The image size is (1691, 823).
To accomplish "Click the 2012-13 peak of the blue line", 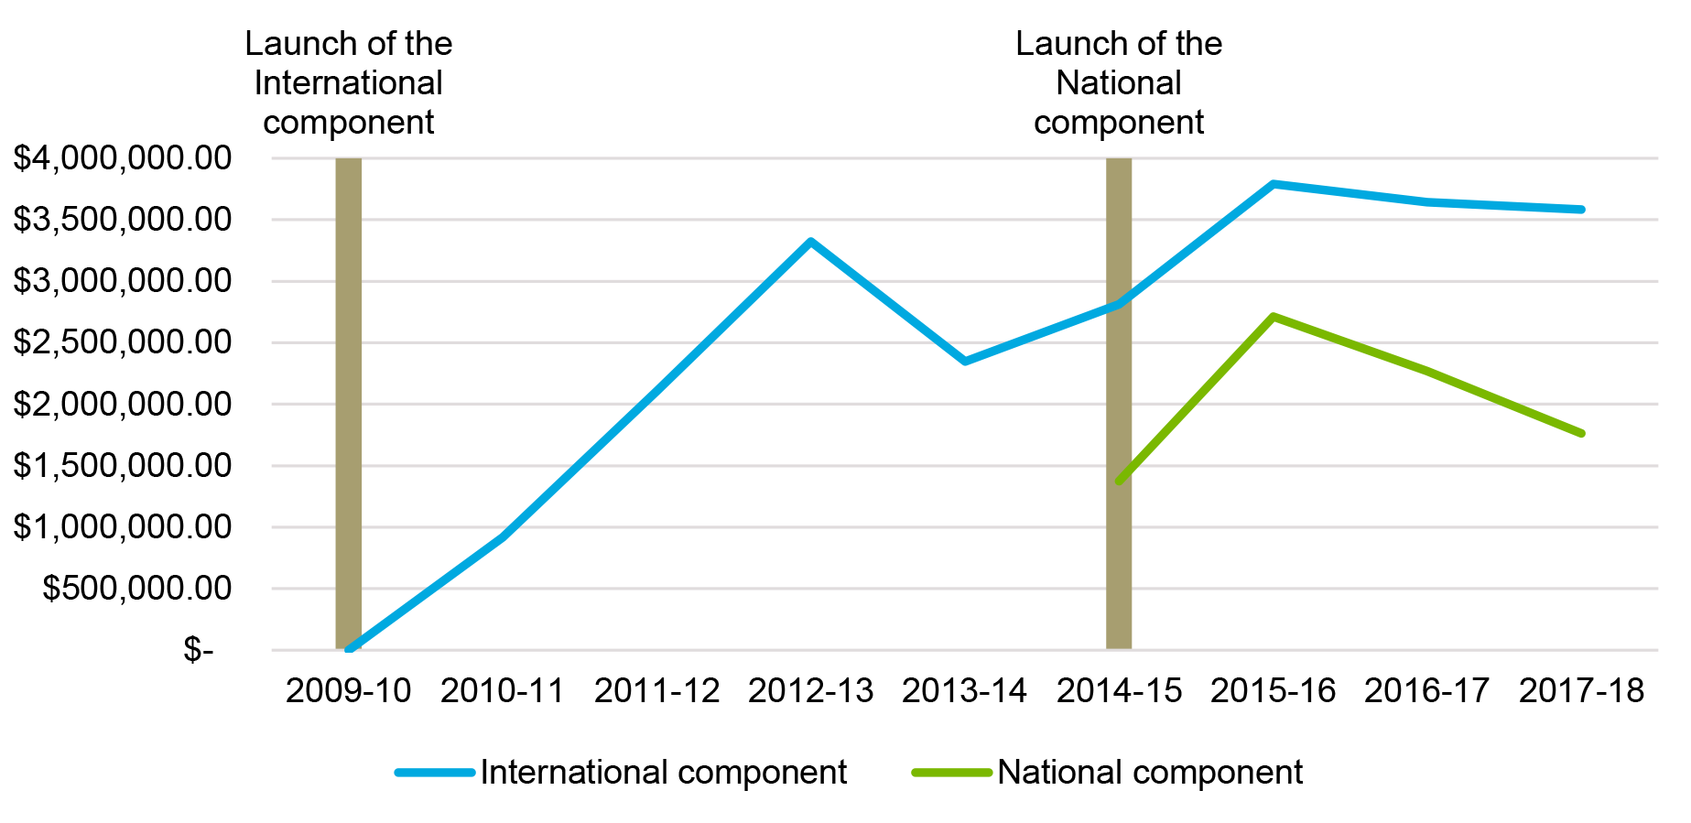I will tap(811, 242).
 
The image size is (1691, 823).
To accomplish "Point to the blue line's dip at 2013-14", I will tap(965, 362).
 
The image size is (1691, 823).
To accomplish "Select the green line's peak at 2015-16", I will tap(1274, 317).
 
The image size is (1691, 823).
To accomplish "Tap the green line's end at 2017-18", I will tap(1581, 433).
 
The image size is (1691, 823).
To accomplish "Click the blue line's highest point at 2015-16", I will tap(1274, 184).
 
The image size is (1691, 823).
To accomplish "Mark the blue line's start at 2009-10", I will tap(349, 648).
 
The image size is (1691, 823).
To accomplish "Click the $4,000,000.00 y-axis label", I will tap(122, 158).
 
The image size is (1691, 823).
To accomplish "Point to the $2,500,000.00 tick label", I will tap(122, 342).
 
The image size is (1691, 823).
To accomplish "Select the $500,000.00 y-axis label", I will tap(136, 588).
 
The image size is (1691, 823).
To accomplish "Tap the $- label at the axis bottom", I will tap(198, 650).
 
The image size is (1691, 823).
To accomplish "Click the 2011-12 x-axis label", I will tap(656, 690).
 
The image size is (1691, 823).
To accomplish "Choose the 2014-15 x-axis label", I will tap(1119, 690).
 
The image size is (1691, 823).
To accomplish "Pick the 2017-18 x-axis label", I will tap(1581, 690).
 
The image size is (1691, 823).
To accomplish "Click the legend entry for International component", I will tap(663, 773).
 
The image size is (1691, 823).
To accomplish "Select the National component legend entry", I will tap(1149, 773).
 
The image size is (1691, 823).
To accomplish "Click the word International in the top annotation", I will tap(348, 83).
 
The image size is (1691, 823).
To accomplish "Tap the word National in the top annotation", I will tap(1118, 83).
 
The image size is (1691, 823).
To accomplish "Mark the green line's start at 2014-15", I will tap(1119, 481).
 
